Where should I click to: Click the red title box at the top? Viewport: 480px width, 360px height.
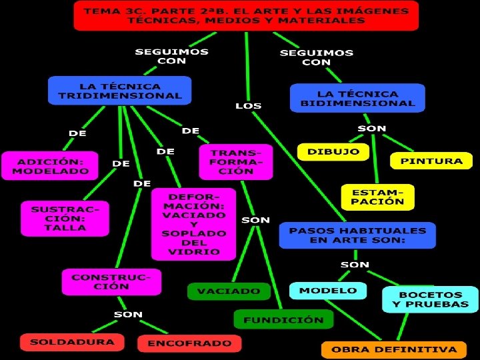[246, 15]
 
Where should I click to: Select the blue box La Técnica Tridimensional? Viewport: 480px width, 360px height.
[120, 91]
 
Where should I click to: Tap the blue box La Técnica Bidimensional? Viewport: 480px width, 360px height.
[357, 98]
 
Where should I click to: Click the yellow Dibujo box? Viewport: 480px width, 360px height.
[333, 152]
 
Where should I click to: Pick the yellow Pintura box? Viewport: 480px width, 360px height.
[431, 161]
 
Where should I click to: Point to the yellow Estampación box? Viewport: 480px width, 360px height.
[377, 197]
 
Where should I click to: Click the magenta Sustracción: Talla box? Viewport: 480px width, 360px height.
[65, 218]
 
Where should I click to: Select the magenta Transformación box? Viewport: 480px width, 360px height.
[236, 161]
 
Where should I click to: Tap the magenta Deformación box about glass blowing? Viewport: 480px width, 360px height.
[193, 224]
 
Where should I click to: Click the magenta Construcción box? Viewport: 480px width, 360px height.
[111, 281]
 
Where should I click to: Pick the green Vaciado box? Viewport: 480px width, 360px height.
[229, 291]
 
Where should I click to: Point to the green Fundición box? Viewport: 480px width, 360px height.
[283, 319]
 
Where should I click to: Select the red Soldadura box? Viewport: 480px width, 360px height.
[72, 342]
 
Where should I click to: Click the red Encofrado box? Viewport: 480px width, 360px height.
[189, 343]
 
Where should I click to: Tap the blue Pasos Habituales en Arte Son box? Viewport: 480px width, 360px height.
[357, 235]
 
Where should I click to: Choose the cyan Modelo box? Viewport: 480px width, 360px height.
[328, 291]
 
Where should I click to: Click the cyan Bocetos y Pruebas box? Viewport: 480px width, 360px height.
[430, 299]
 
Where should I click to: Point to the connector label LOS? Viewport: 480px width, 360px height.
[249, 106]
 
